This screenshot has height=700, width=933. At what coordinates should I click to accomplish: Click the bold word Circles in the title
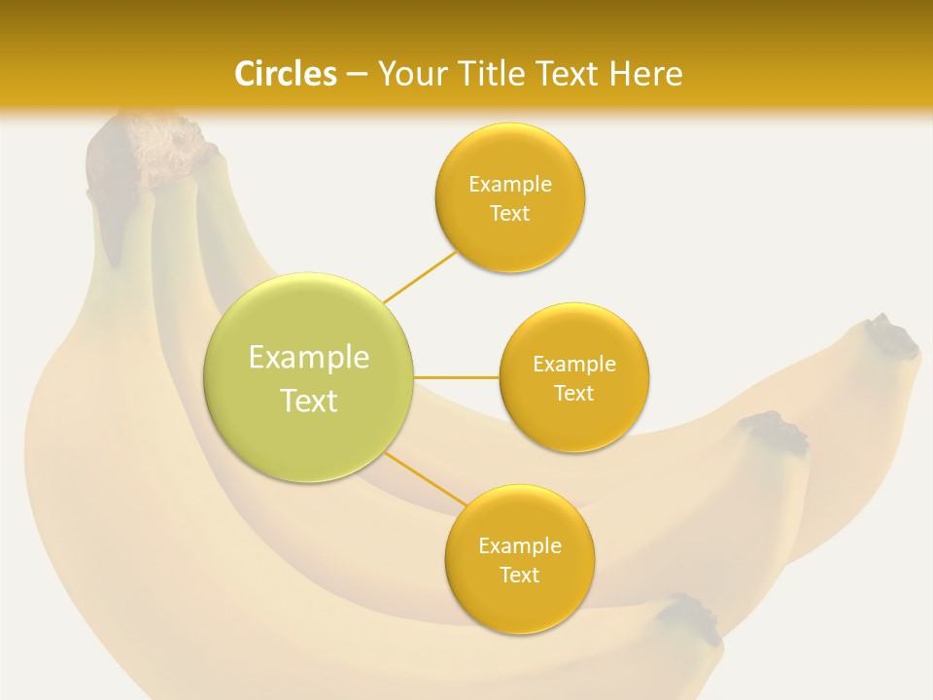[286, 74]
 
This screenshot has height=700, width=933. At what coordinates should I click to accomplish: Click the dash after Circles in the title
[356, 75]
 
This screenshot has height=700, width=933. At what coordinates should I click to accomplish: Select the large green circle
[309, 437]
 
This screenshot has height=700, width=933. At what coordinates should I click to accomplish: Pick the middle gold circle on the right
[574, 423]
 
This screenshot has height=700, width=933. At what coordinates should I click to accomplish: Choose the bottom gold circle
[520, 603]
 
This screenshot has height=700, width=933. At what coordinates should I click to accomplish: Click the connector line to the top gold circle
[421, 276]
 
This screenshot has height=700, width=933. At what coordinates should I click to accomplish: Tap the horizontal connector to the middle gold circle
[457, 377]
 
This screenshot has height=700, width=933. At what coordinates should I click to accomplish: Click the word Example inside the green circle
[309, 358]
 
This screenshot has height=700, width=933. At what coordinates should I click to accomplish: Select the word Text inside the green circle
[309, 401]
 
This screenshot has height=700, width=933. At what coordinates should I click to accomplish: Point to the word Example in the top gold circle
[510, 185]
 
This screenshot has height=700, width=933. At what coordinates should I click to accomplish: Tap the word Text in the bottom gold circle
[520, 576]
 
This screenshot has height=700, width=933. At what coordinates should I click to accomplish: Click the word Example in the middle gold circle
[574, 365]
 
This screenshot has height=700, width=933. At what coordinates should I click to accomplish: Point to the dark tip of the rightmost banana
[890, 336]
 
